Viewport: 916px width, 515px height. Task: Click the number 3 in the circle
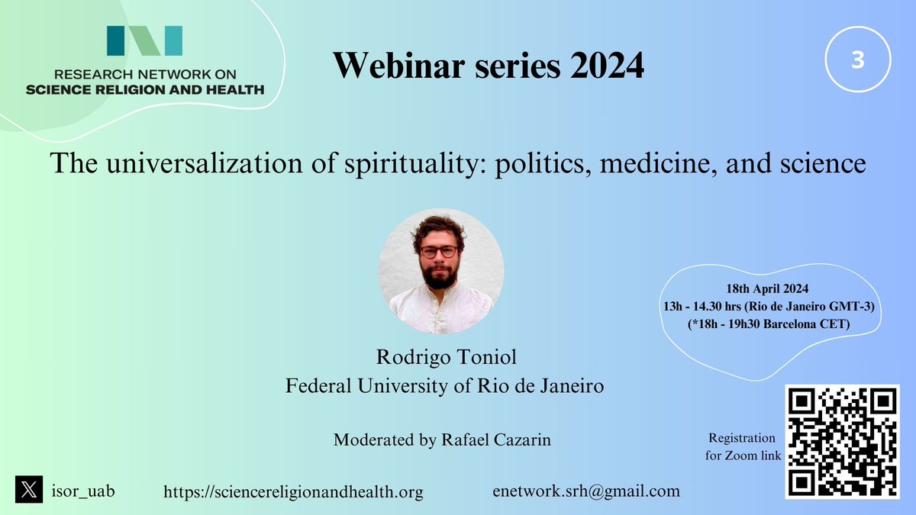pos(857,62)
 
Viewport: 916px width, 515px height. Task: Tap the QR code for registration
pos(841,442)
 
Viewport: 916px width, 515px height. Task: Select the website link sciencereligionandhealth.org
pos(293,492)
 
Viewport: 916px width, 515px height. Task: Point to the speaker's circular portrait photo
pos(441,272)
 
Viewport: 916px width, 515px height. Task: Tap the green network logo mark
pos(144,41)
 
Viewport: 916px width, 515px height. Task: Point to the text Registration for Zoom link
pos(742,447)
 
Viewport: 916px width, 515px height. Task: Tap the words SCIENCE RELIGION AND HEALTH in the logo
pos(144,89)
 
